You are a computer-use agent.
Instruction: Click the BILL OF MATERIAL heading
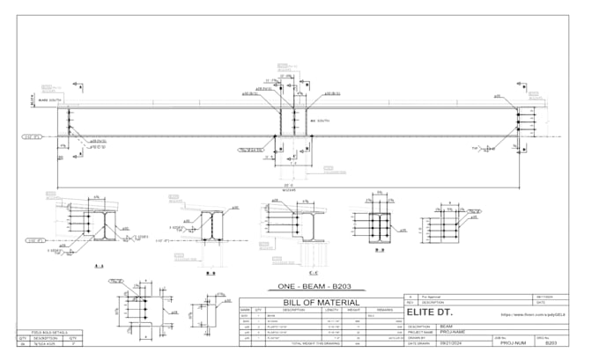click(x=321, y=303)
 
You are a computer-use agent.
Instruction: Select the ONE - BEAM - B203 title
click(x=322, y=287)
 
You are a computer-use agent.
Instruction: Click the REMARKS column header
click(x=385, y=311)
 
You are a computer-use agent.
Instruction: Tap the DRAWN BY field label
click(x=418, y=337)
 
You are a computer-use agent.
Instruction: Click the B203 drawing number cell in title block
click(x=551, y=343)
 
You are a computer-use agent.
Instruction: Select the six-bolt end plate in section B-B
click(x=379, y=227)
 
